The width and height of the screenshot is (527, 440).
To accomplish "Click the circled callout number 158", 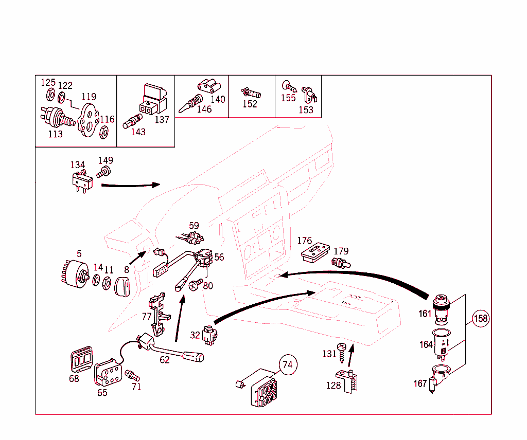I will (480, 319).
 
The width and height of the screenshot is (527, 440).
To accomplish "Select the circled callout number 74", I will (288, 365).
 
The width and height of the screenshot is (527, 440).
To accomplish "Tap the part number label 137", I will (162, 120).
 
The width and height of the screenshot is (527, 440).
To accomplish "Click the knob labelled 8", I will (124, 285).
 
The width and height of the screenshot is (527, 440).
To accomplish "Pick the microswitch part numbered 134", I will (81, 181).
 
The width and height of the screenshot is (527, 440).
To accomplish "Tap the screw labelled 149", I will (106, 171).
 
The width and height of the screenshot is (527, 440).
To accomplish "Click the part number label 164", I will (426, 344).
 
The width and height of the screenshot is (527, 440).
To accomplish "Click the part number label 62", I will (164, 360).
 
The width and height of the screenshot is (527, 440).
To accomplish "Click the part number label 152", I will (250, 104).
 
